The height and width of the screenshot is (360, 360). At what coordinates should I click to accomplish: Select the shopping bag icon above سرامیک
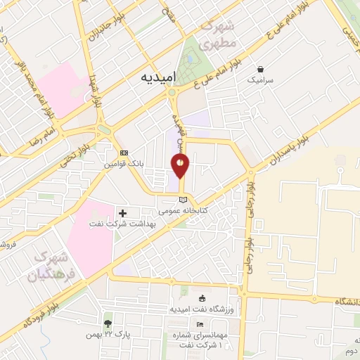(x=262, y=70)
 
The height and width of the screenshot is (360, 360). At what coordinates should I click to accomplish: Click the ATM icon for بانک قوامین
(x=124, y=153)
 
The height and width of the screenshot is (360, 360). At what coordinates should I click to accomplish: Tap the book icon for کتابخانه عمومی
(x=183, y=200)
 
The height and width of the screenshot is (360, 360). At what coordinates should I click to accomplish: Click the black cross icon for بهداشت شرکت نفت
(x=123, y=212)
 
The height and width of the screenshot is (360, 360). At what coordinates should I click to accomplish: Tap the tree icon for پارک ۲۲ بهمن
(x=108, y=324)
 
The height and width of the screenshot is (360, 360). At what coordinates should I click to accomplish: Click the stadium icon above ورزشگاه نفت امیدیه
(x=202, y=298)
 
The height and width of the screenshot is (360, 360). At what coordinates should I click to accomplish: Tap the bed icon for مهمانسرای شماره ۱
(x=200, y=324)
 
